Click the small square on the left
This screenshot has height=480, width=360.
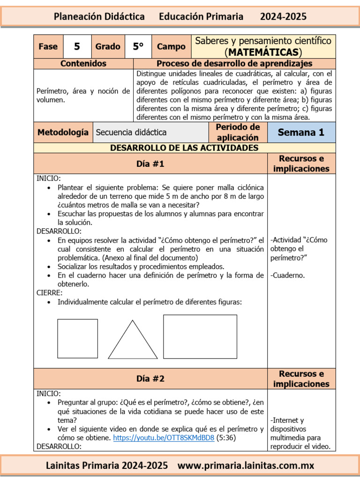point(77,338)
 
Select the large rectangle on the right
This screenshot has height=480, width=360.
point(200,337)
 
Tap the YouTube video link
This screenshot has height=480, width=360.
point(164,438)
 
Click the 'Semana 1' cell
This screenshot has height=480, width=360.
point(301,132)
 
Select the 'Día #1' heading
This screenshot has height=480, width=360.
point(150,164)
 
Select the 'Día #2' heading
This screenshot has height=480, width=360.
point(150,379)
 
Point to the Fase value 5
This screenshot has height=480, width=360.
point(77,46)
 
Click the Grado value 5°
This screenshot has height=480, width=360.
point(138,46)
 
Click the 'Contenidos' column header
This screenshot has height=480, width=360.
point(83,63)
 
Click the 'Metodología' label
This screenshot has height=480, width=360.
point(63,132)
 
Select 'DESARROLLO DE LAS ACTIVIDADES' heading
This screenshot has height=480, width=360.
point(184,148)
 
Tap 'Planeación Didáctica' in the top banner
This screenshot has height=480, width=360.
point(99,16)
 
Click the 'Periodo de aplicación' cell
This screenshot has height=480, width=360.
point(238,132)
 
